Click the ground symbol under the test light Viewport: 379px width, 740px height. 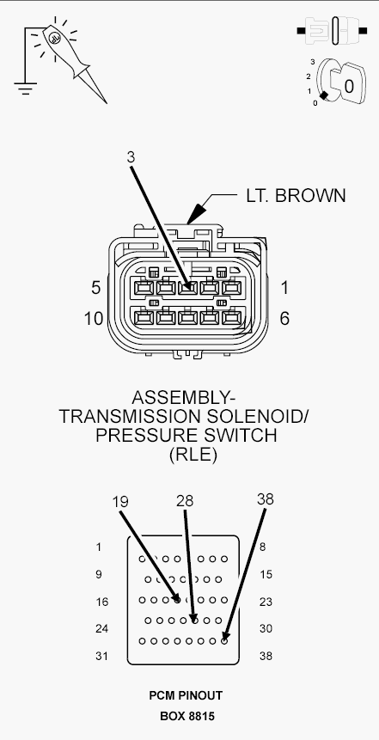(x=25, y=89)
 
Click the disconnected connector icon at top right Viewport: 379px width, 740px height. (x=333, y=31)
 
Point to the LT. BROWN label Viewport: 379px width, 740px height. (x=296, y=195)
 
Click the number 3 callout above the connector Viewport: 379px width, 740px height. (x=131, y=157)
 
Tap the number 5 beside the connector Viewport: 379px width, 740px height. (x=95, y=287)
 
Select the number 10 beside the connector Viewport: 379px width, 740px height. (x=94, y=319)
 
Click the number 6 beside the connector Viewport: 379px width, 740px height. (x=284, y=319)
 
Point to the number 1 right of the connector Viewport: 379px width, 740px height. (x=284, y=287)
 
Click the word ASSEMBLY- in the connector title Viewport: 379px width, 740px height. (x=184, y=397)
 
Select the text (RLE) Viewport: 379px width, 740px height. (x=193, y=455)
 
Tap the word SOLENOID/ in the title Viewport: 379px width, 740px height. (x=257, y=416)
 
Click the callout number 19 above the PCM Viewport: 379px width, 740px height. (x=120, y=501)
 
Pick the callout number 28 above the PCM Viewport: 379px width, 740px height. (x=185, y=501)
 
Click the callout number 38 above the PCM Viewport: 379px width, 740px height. (x=266, y=498)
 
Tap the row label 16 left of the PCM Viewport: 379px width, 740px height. (x=101, y=602)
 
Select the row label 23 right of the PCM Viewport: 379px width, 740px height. (x=266, y=602)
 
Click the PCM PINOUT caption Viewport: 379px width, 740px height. (x=186, y=695)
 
